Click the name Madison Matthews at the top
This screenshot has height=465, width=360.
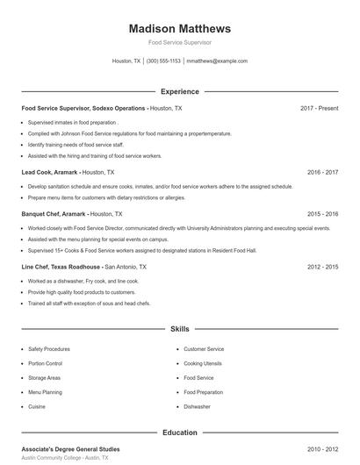(x=179, y=28)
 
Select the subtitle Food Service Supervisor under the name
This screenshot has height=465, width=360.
(x=179, y=42)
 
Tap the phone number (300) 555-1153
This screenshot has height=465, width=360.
(x=163, y=61)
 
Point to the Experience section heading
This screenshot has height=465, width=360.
(x=179, y=91)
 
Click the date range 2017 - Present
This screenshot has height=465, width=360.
(x=319, y=108)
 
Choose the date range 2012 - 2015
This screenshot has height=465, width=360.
(x=322, y=266)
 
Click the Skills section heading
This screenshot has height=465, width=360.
(x=179, y=329)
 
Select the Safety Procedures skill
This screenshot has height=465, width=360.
(x=48, y=349)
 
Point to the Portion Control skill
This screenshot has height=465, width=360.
(x=45, y=363)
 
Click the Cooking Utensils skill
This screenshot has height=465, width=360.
(x=203, y=363)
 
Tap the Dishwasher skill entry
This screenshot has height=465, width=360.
(x=197, y=407)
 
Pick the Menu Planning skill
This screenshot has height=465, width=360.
(x=45, y=392)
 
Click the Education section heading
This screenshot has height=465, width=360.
(x=179, y=433)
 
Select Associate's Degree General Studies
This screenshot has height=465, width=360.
(x=72, y=448)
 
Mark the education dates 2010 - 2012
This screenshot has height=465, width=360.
(x=322, y=448)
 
